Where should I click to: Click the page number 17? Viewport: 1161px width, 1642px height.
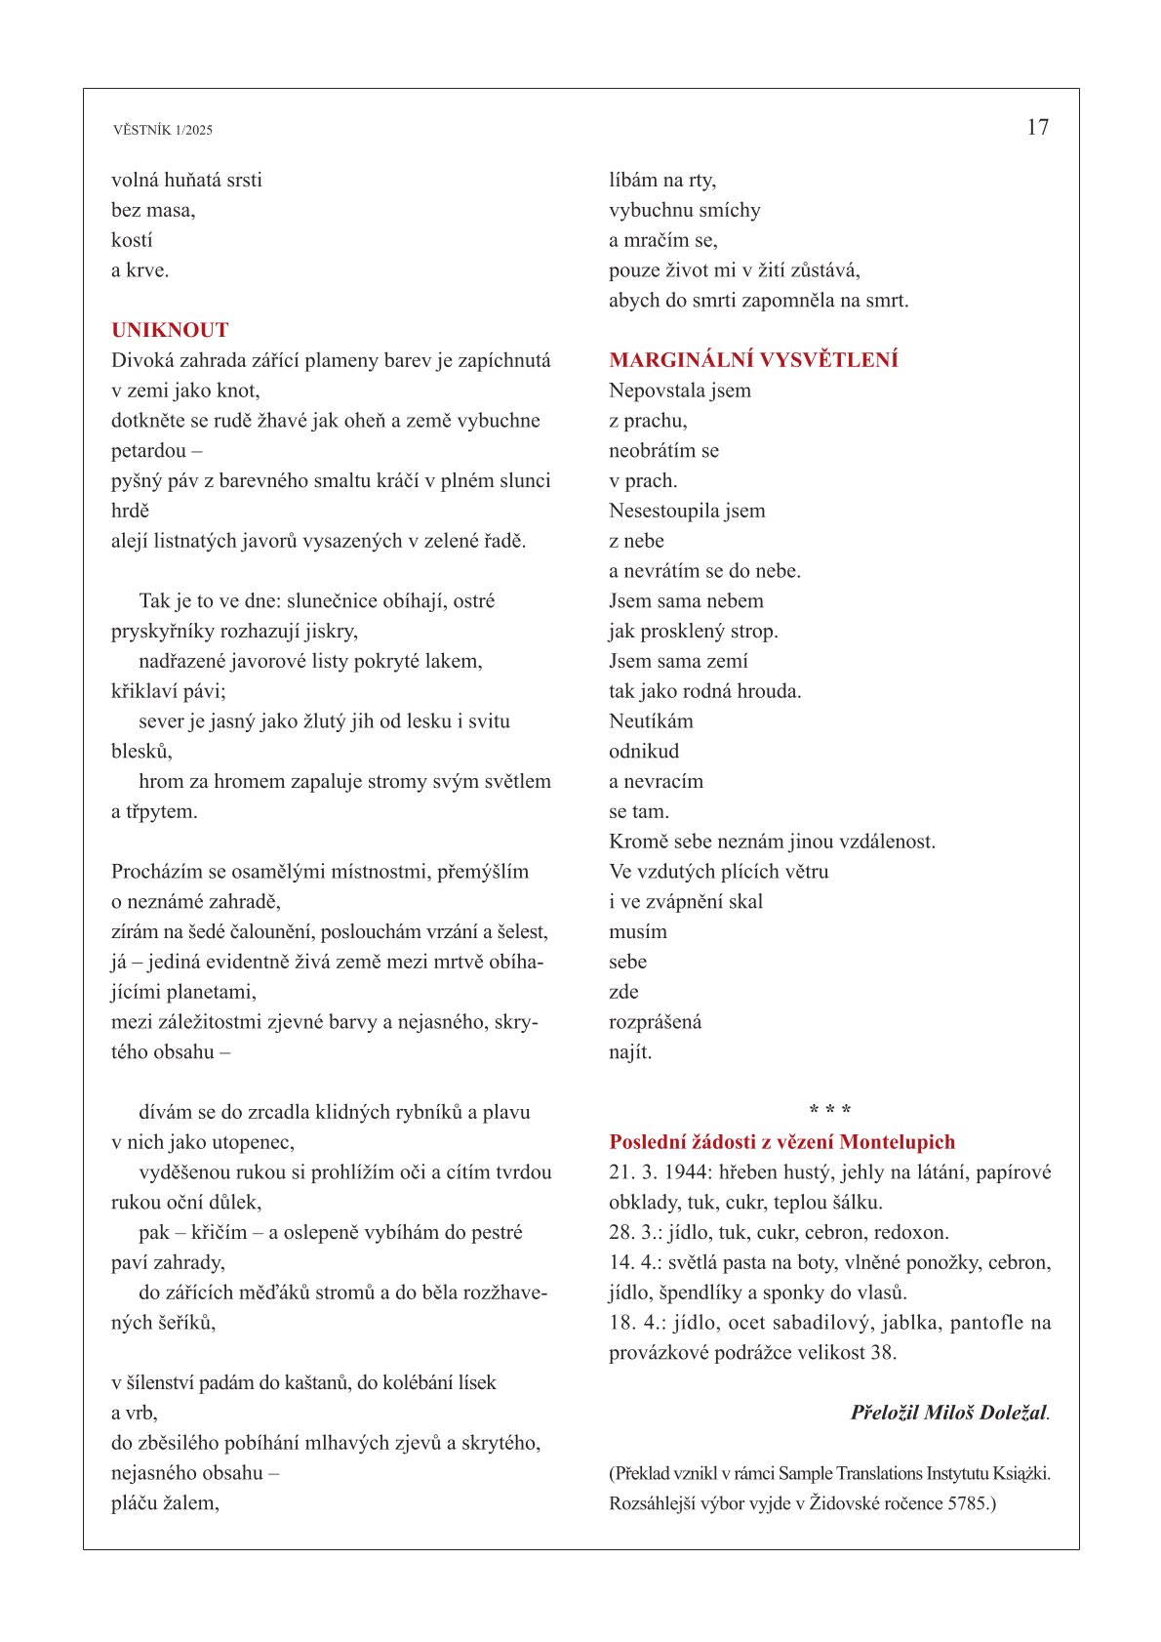click(x=1037, y=127)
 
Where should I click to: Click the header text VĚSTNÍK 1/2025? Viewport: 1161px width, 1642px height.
click(x=162, y=130)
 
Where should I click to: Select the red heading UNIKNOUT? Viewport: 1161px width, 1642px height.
click(x=170, y=330)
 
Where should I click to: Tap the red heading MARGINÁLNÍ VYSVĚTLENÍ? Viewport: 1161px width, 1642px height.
click(x=753, y=360)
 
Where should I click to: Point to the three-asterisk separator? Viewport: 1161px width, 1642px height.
click(x=830, y=1111)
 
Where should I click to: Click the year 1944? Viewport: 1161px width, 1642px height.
click(x=687, y=1172)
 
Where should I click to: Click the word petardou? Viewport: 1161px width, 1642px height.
click(x=148, y=451)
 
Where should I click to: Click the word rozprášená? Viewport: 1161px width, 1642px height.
click(x=655, y=1022)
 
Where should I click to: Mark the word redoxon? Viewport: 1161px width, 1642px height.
click(x=911, y=1233)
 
